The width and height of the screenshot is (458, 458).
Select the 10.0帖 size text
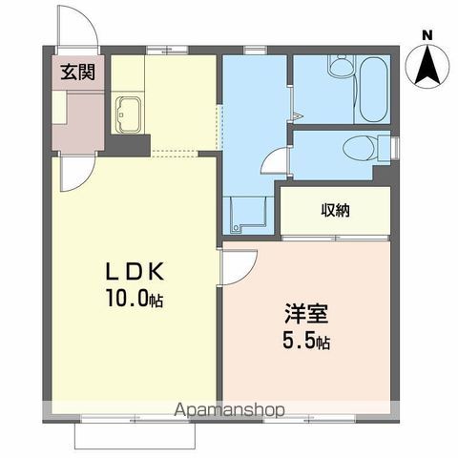click(135, 300)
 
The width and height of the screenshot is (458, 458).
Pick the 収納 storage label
click(335, 210)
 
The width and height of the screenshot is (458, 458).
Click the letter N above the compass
click(427, 35)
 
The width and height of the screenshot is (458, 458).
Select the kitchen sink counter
click(129, 115)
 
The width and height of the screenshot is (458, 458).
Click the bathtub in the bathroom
click(370, 89)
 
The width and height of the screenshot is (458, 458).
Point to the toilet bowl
click(358, 149)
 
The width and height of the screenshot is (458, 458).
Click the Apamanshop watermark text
click(228, 409)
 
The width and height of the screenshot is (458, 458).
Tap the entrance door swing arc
click(80, 31)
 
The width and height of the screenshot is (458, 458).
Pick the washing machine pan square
click(243, 214)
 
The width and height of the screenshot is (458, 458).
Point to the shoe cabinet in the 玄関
click(59, 123)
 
